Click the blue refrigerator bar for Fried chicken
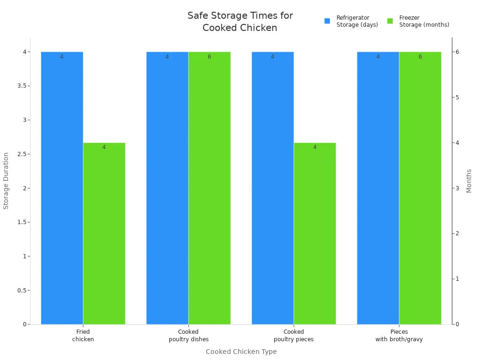click(62, 187)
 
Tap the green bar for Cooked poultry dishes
click(210, 187)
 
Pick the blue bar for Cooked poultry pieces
click(273, 187)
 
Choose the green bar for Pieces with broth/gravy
click(420, 187)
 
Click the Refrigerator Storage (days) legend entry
click(352, 21)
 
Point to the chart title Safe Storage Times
click(240, 22)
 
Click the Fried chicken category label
click(83, 336)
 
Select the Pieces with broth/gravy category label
click(399, 336)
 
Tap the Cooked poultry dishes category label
click(188, 336)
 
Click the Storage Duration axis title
click(6, 180)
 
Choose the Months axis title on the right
click(469, 180)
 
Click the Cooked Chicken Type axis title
click(241, 352)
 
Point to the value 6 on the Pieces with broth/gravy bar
click(420, 57)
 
